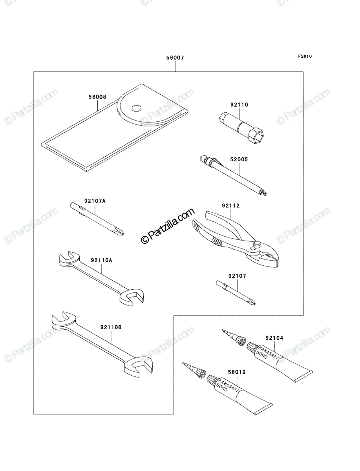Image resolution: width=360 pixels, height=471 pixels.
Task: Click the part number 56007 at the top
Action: pos(175,58)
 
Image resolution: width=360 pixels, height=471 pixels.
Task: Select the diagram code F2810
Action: pos(305,57)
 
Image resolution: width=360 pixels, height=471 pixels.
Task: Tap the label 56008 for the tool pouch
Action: pos(97,97)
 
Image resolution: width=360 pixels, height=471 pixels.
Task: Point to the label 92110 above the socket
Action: pos(239,105)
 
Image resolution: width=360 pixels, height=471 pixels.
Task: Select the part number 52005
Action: pos(239,159)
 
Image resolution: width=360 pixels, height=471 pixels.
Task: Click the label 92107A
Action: pos(95,201)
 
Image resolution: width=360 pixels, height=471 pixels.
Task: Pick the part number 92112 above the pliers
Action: pos(230,206)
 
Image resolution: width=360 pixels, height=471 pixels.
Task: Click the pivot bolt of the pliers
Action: pos(257,244)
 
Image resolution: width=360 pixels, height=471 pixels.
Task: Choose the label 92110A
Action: pos(101,260)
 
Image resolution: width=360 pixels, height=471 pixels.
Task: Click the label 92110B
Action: pos(111,327)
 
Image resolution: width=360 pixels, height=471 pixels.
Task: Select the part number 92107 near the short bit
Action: pos(237,276)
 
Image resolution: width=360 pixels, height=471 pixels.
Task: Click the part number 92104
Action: pos(274,338)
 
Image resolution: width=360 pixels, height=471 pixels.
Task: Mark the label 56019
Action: pos(237,372)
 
